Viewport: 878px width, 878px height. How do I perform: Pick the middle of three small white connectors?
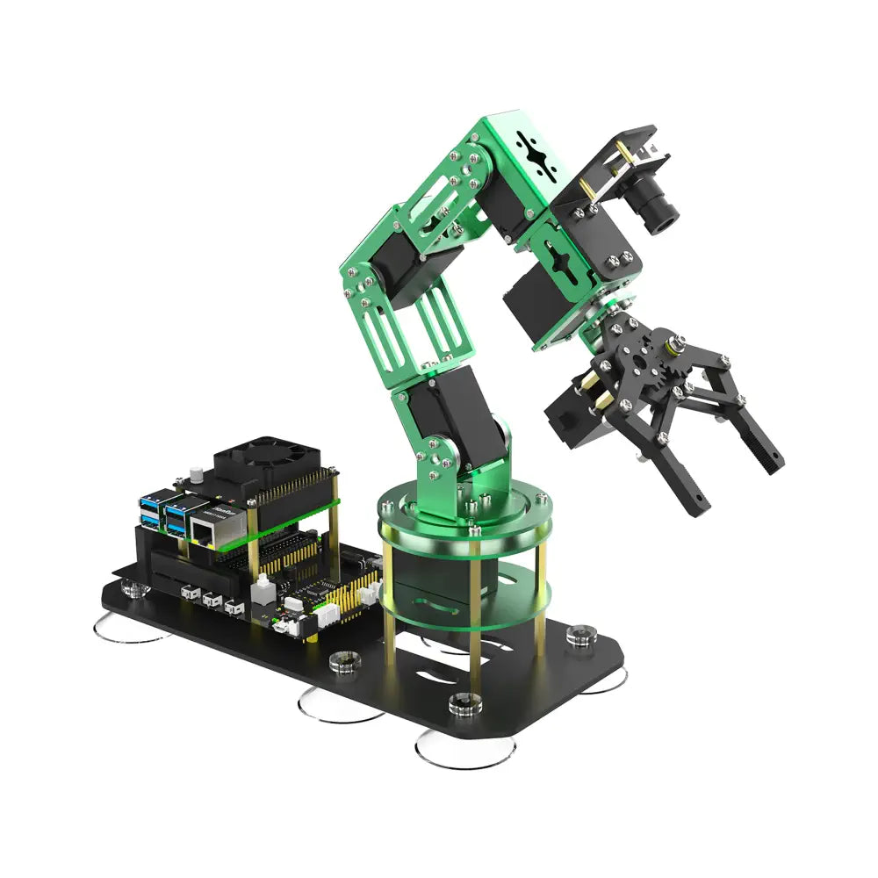(x=211, y=601)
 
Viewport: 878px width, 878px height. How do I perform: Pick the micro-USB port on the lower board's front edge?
(x=279, y=626)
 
